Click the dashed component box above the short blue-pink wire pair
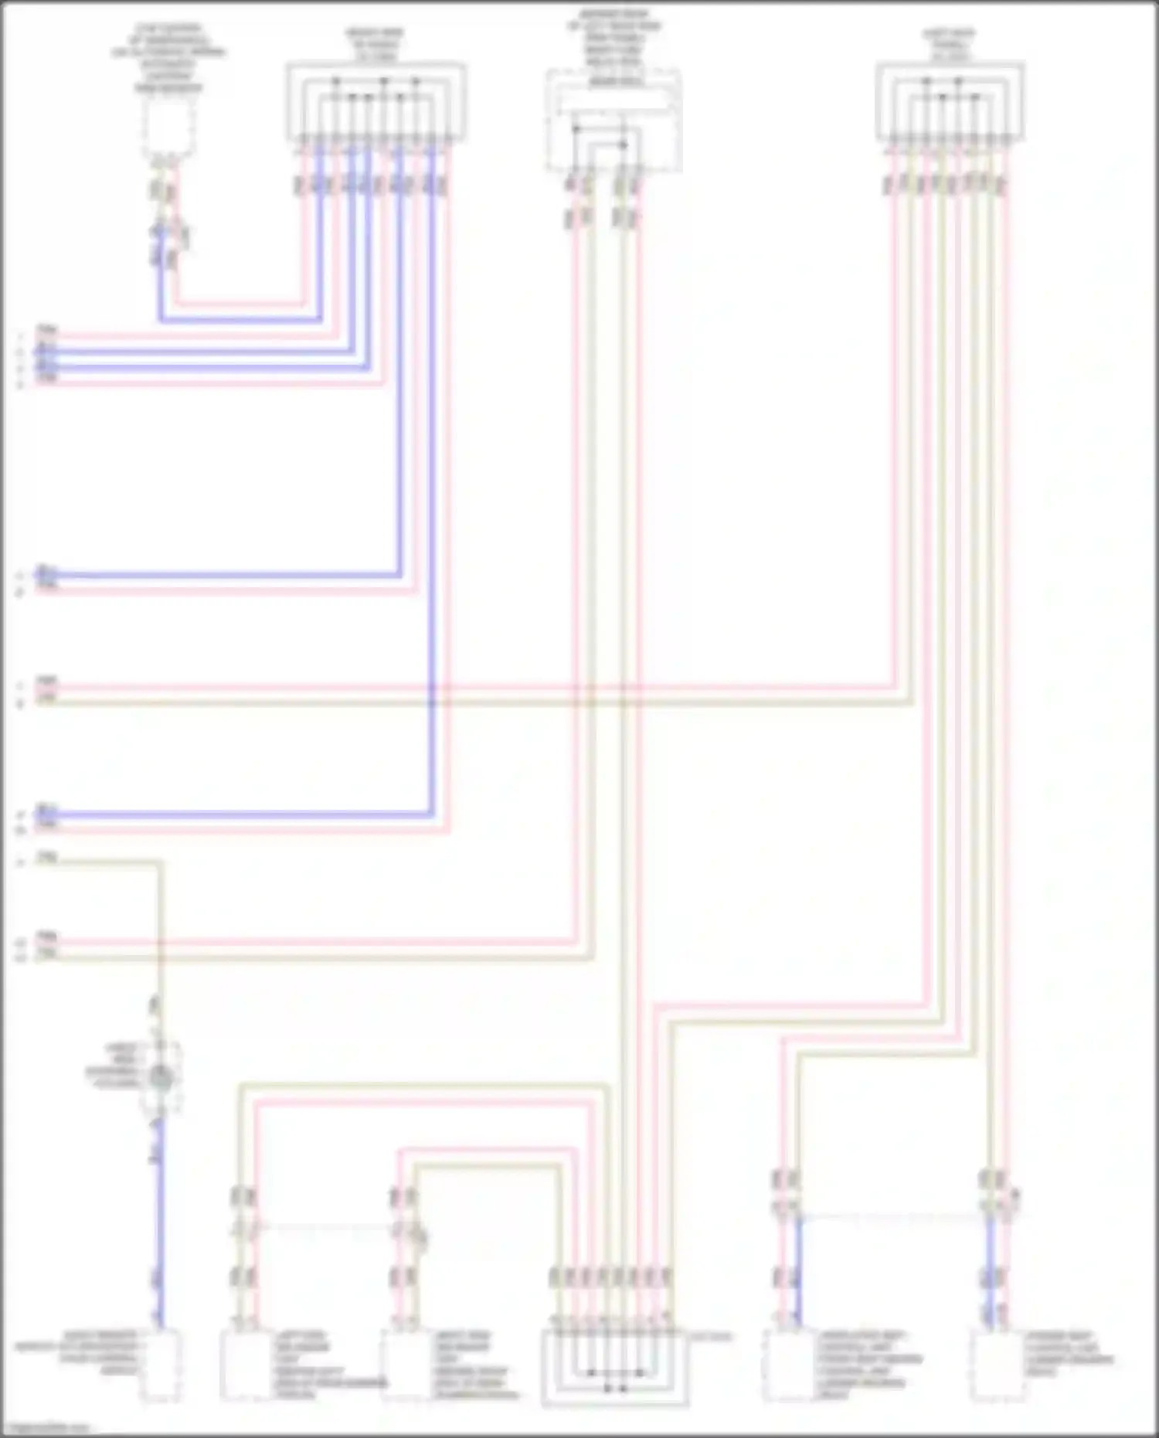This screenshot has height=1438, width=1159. click(x=168, y=128)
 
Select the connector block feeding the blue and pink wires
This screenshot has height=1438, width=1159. click(x=376, y=103)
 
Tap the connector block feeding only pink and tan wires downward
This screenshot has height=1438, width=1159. click(x=950, y=103)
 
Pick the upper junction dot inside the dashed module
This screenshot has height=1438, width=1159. click(x=576, y=129)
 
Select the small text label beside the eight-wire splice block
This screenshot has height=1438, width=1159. click(x=709, y=1337)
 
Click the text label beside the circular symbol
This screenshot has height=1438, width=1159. click(x=113, y=1066)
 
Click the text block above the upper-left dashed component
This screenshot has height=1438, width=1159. click(x=168, y=59)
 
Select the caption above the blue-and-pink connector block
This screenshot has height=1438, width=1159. click(x=375, y=45)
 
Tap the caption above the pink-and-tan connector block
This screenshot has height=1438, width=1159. click(x=950, y=45)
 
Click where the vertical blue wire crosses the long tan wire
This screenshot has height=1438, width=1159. click(x=431, y=702)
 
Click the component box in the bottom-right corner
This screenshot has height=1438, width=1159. click(x=997, y=1366)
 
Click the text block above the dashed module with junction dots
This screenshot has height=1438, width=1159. click(x=613, y=45)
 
